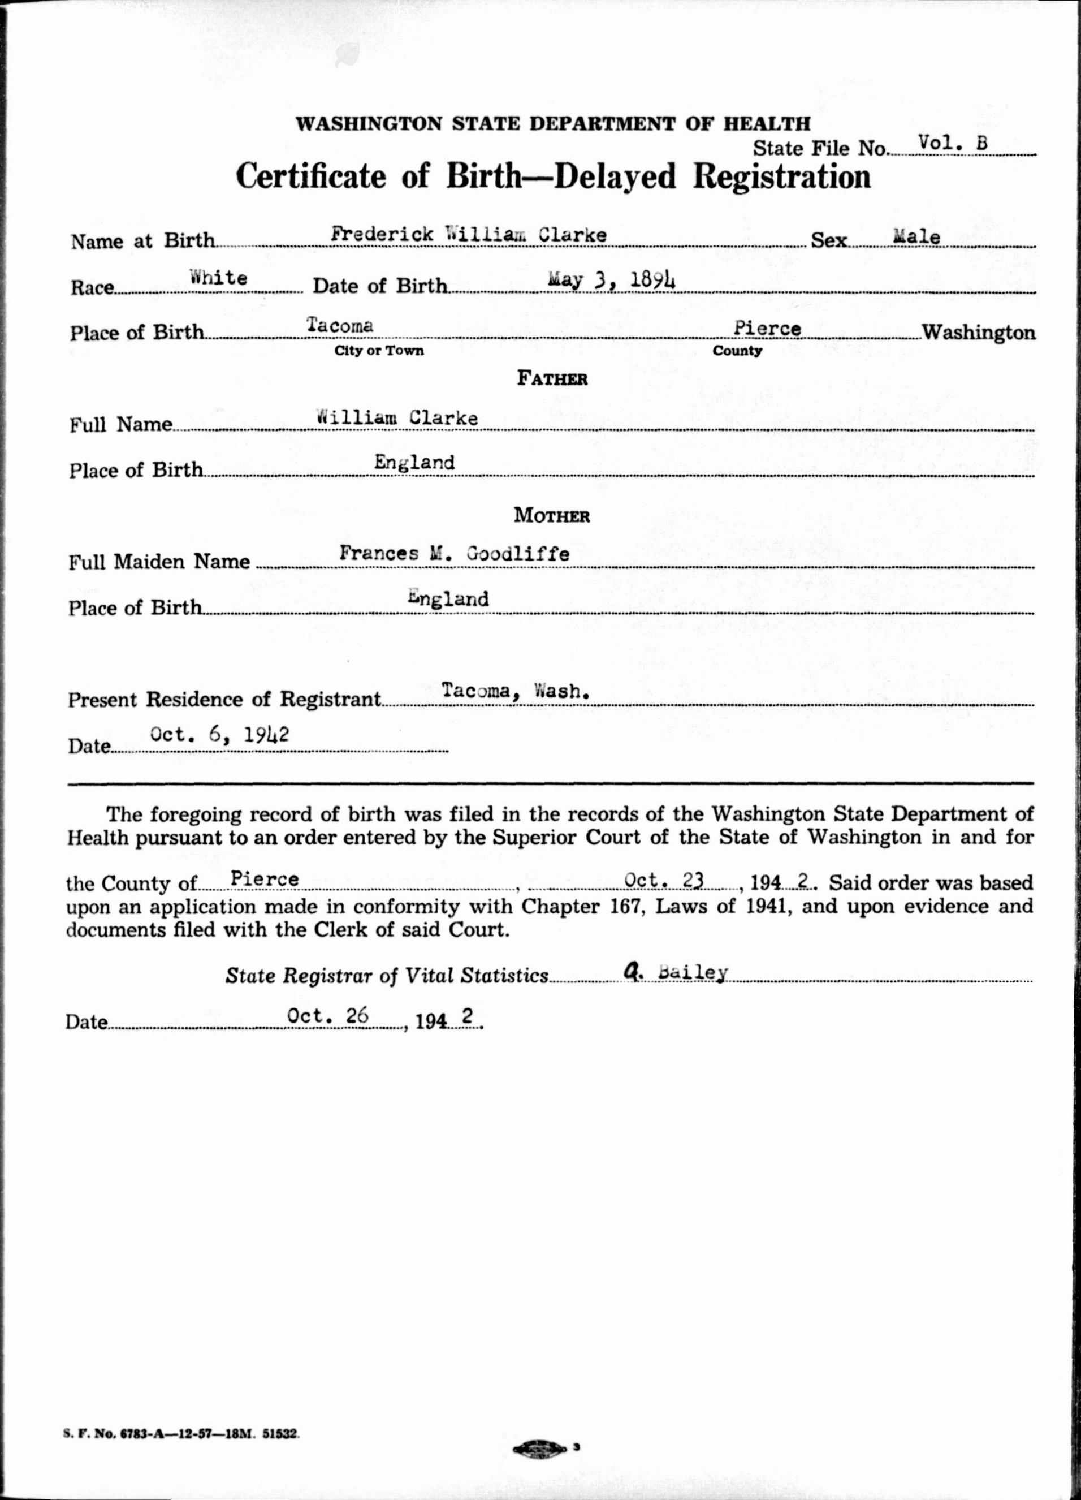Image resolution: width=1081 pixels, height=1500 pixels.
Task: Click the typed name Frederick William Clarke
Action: [x=469, y=235]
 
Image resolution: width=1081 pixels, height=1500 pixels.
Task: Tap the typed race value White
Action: [x=218, y=278]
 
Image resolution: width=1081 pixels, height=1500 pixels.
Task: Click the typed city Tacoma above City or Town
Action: [x=340, y=325]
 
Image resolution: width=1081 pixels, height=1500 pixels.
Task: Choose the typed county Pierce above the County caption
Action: [x=767, y=328]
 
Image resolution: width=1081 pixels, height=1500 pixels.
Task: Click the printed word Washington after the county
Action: [x=979, y=332]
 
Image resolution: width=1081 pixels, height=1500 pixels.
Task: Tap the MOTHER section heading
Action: [x=551, y=516]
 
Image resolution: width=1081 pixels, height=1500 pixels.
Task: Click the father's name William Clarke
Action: [x=397, y=417]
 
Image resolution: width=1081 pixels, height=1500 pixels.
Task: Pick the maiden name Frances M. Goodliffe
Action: [x=454, y=553]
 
